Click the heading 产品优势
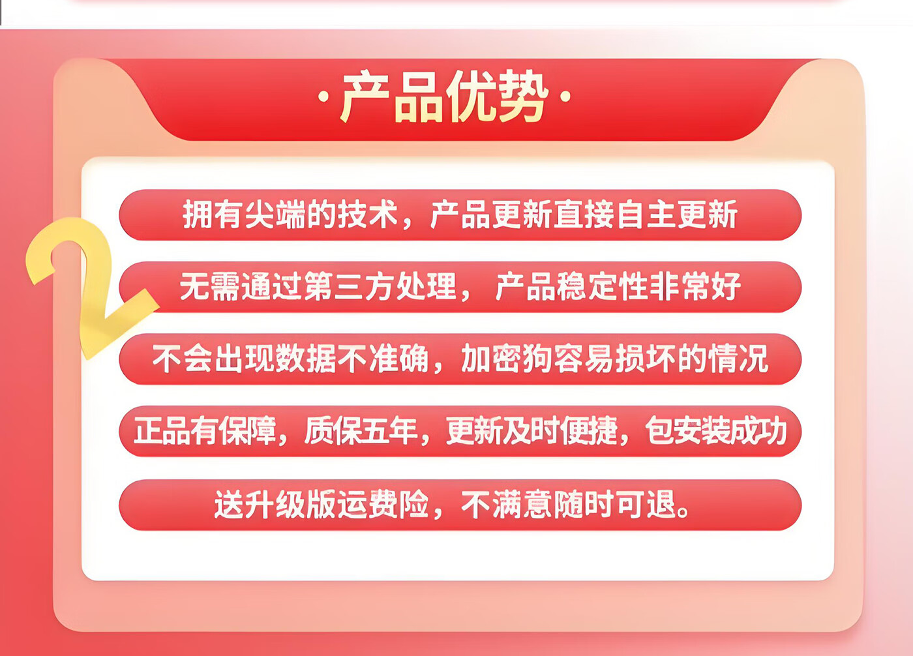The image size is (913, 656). [444, 96]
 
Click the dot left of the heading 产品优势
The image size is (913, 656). [323, 97]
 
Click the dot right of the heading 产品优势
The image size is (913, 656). [565, 97]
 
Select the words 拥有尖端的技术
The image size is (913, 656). [290, 215]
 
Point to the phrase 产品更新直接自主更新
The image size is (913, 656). [584, 215]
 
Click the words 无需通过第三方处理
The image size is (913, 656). [318, 286]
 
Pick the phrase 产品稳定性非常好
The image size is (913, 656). [618, 286]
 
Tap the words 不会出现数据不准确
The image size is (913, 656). [290, 359]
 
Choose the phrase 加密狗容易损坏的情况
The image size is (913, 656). [614, 359]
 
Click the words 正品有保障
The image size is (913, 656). [205, 430]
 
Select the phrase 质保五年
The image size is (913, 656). [361, 430]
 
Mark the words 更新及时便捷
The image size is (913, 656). [531, 430]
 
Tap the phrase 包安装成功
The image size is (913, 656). [716, 430]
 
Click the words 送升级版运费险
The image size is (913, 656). [322, 505]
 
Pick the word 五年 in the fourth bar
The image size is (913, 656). [389, 430]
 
